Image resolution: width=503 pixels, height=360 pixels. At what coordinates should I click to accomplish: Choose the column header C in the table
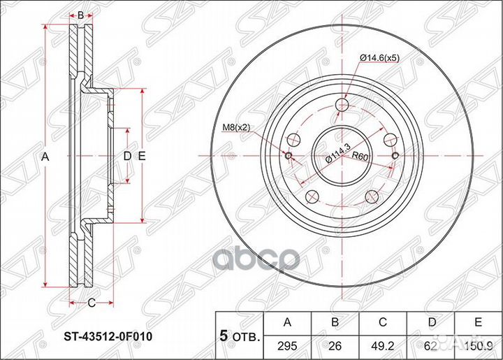384,322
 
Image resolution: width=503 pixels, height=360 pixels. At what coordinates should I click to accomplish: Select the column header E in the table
478,322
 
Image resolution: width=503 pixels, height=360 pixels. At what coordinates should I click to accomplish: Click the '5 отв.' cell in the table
237,335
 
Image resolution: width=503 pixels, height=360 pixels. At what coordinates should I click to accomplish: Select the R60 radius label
360,156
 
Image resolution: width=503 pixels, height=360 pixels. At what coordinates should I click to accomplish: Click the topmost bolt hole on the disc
342,106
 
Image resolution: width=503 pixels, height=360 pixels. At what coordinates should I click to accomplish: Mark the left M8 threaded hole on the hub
289,155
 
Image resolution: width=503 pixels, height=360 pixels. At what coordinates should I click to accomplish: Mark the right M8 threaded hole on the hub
395,155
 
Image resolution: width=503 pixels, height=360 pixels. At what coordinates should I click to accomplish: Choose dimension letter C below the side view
91,302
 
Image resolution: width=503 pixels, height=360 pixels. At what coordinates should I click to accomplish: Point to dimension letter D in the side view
126,157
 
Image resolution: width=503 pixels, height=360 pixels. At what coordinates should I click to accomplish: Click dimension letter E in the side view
141,157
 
